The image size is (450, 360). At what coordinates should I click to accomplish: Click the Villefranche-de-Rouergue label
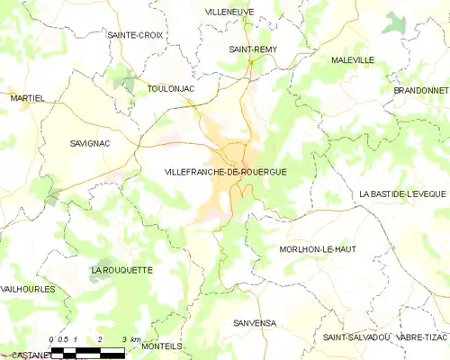(226, 171)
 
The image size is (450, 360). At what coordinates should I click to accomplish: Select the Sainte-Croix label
(134, 35)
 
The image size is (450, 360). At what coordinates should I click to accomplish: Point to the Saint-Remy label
(253, 50)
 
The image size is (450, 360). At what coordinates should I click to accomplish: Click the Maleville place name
(352, 59)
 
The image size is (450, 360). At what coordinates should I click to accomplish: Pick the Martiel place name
(26, 97)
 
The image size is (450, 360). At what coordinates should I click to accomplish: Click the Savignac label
(90, 143)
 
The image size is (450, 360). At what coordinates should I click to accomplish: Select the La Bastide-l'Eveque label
(404, 193)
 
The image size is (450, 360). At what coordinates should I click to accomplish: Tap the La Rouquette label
(121, 270)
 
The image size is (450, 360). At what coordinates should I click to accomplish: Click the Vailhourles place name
(28, 289)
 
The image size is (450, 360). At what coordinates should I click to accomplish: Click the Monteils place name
(162, 346)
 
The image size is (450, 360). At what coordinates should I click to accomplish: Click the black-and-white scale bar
(87, 352)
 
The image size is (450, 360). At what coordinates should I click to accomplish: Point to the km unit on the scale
(135, 339)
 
